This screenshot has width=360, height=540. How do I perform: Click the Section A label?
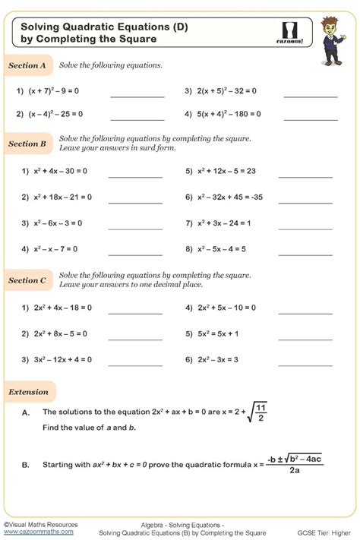click(x=27, y=66)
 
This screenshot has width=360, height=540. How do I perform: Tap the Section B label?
click(x=27, y=144)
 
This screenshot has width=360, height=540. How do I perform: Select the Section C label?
click(x=27, y=280)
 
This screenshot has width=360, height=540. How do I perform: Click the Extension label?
click(x=28, y=392)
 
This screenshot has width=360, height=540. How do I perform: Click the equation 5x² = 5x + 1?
click(x=218, y=333)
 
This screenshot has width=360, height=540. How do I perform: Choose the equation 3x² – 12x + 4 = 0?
click(x=66, y=359)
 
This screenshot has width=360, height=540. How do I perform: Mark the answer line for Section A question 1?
click(x=137, y=96)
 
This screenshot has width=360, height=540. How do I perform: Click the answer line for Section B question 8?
click(x=305, y=254)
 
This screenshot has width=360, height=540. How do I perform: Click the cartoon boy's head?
click(x=330, y=27)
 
